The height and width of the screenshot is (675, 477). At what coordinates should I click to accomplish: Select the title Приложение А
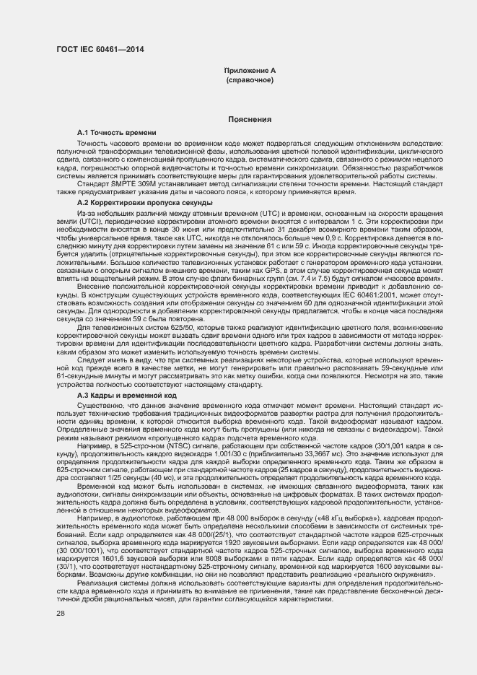(250, 70)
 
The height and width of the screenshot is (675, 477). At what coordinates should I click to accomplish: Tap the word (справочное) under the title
(250, 79)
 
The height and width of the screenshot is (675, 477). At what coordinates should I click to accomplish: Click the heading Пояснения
(250, 119)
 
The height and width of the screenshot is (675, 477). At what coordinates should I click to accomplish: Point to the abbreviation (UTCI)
(72, 222)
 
